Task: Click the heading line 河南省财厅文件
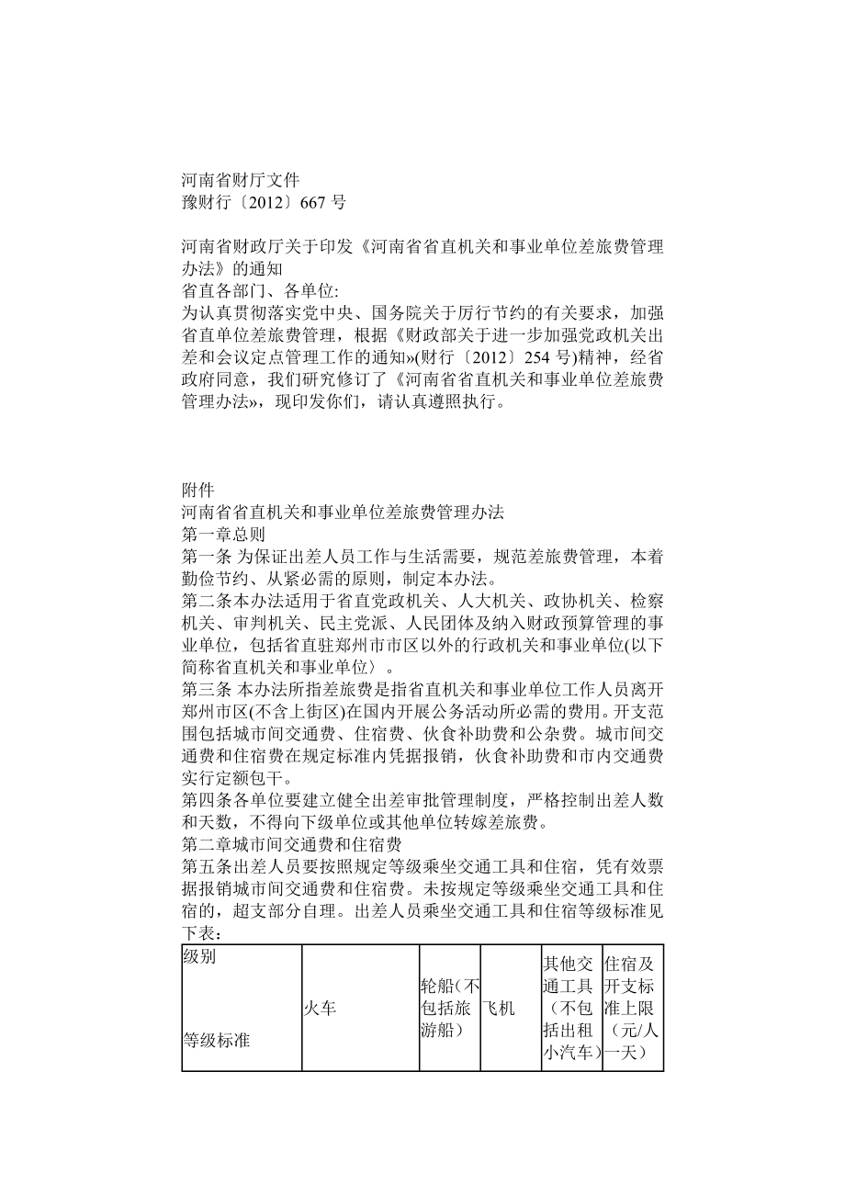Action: (x=241, y=180)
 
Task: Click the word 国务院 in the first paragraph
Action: (x=425, y=313)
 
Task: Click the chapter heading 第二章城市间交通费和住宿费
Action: (x=288, y=844)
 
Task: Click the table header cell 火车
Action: (x=320, y=1008)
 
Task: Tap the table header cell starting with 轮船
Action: (x=450, y=1008)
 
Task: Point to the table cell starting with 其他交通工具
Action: (x=571, y=1008)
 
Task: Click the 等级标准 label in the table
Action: (x=217, y=1041)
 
